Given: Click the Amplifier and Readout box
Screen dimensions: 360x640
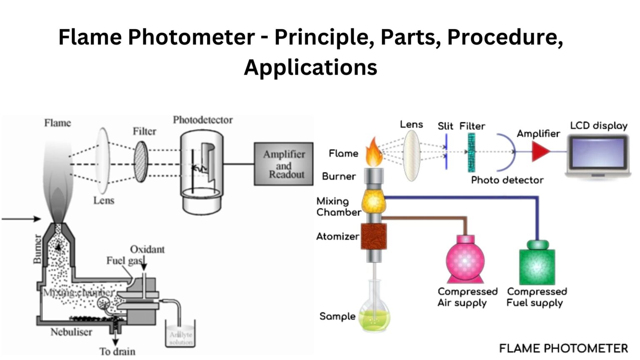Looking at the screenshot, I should (x=284, y=164).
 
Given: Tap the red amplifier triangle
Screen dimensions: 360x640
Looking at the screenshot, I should (x=540, y=152).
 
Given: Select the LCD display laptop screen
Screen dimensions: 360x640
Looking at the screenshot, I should (x=598, y=152).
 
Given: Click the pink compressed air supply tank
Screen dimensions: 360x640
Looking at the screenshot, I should (x=465, y=260).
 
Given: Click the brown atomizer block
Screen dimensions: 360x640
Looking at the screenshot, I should (x=374, y=237).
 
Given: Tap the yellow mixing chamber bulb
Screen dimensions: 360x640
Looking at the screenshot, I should (x=373, y=202).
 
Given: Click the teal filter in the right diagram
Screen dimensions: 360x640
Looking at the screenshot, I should (x=471, y=152).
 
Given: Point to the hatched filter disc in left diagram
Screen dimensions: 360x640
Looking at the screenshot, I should (x=141, y=162).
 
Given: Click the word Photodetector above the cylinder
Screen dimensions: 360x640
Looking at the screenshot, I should (x=203, y=120).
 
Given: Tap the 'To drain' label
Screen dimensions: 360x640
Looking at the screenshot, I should (x=117, y=351).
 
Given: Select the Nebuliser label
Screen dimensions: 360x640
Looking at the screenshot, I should (x=71, y=332).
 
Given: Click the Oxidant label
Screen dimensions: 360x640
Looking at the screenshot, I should (x=147, y=249).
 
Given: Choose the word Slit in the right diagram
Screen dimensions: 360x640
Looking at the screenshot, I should (x=445, y=126).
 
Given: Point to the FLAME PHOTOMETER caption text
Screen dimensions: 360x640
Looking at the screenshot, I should (x=563, y=348).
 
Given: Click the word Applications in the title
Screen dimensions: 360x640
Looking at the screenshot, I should (x=310, y=67).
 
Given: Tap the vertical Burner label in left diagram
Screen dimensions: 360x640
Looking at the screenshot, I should (x=37, y=249).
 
